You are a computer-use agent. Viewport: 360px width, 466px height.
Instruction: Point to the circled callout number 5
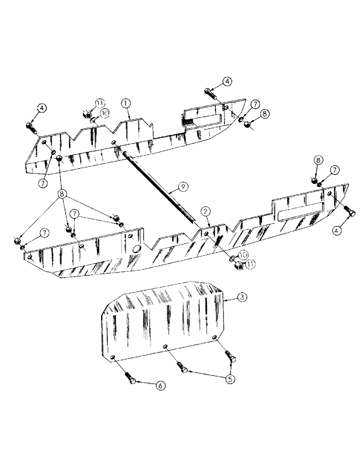click(x=229, y=379)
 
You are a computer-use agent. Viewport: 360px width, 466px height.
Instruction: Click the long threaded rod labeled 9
click(x=159, y=186)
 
